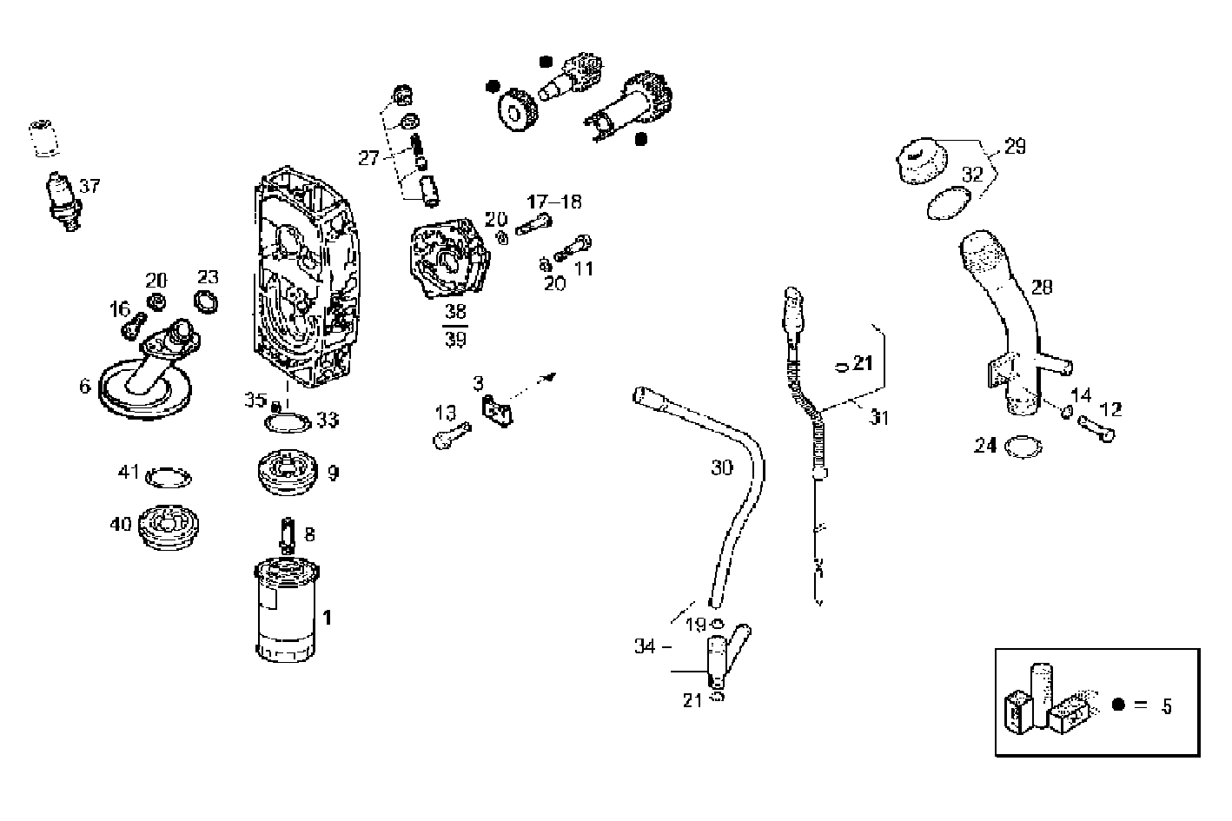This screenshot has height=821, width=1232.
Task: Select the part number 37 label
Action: click(90, 186)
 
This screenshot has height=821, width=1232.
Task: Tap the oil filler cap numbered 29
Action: click(922, 161)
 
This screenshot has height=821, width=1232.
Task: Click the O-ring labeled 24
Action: click(1023, 447)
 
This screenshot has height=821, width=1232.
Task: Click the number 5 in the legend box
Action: click(1167, 706)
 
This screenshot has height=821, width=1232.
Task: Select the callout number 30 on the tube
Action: click(722, 467)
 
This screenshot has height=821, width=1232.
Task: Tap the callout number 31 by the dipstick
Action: click(880, 418)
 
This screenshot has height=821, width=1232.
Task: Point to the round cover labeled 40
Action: click(170, 526)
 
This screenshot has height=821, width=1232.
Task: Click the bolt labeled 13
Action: click(450, 433)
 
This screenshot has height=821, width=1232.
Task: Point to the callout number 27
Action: click(368, 157)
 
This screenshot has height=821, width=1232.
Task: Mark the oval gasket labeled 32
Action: click(944, 208)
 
